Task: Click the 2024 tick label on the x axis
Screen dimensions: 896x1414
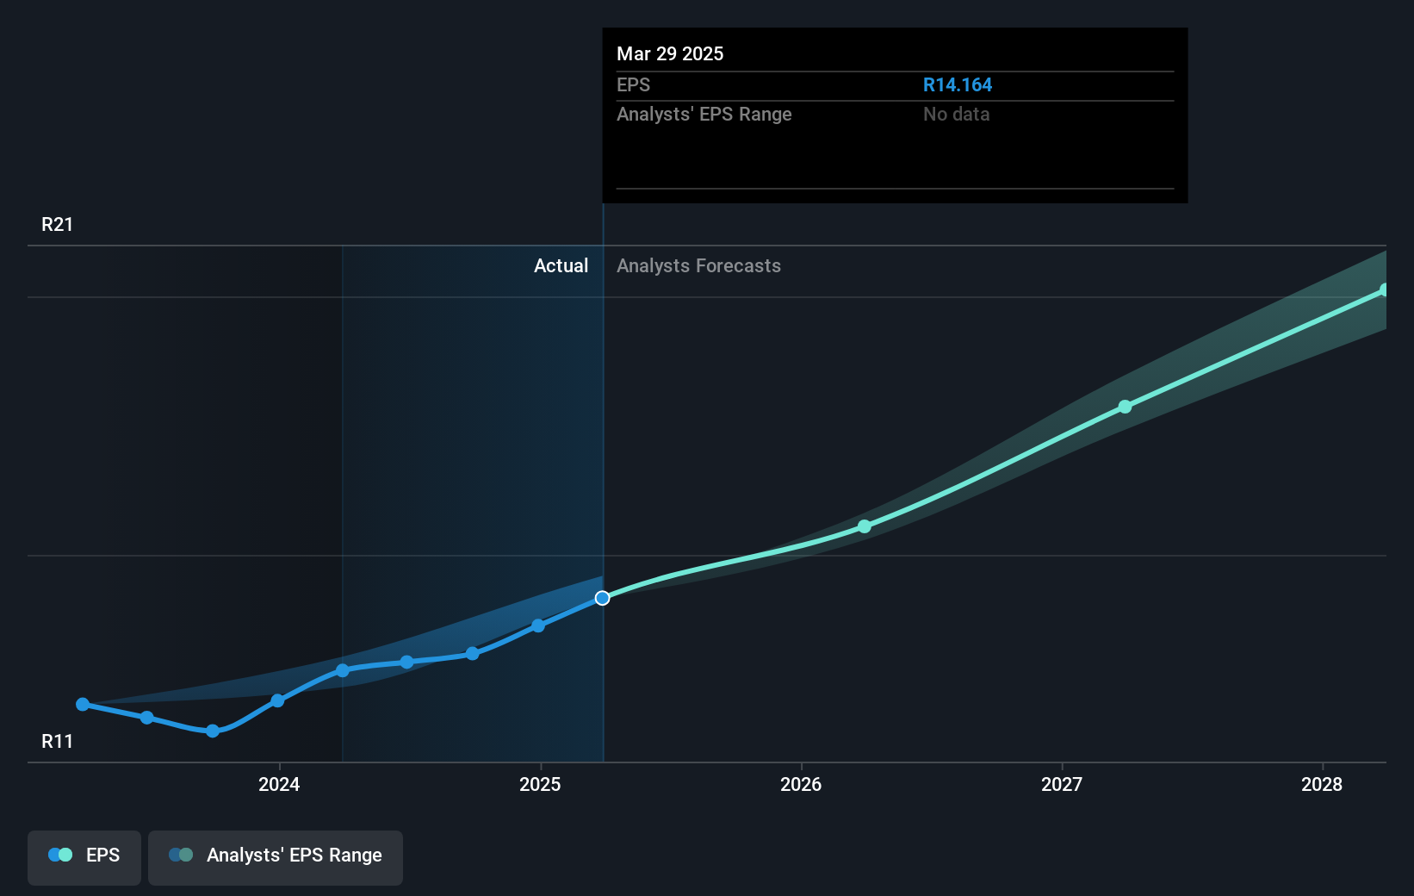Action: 279,784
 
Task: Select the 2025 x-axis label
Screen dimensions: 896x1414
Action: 540,784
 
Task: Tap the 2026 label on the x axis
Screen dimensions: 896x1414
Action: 801,784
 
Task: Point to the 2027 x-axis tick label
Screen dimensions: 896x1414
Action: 1062,784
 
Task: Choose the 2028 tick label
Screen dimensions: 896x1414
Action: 1322,784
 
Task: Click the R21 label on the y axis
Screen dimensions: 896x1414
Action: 58,225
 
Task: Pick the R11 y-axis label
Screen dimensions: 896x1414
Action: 58,742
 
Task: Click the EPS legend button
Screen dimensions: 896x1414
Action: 84,856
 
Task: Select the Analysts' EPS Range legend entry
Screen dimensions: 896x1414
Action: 276,856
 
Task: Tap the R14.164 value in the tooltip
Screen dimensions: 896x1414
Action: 958,85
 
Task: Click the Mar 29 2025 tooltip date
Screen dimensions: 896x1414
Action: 670,54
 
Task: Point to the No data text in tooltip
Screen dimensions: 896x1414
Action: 956,115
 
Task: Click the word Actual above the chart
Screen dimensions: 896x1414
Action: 561,266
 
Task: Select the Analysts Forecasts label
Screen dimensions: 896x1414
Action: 698,266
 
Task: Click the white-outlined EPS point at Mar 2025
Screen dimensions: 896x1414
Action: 603,598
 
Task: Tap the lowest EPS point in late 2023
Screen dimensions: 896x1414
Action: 213,731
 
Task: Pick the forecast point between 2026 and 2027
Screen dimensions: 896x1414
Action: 865,526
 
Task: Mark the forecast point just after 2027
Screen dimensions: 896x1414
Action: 1125,407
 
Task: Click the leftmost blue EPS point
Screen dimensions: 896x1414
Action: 83,705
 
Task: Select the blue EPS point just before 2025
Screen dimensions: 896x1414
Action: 538,625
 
